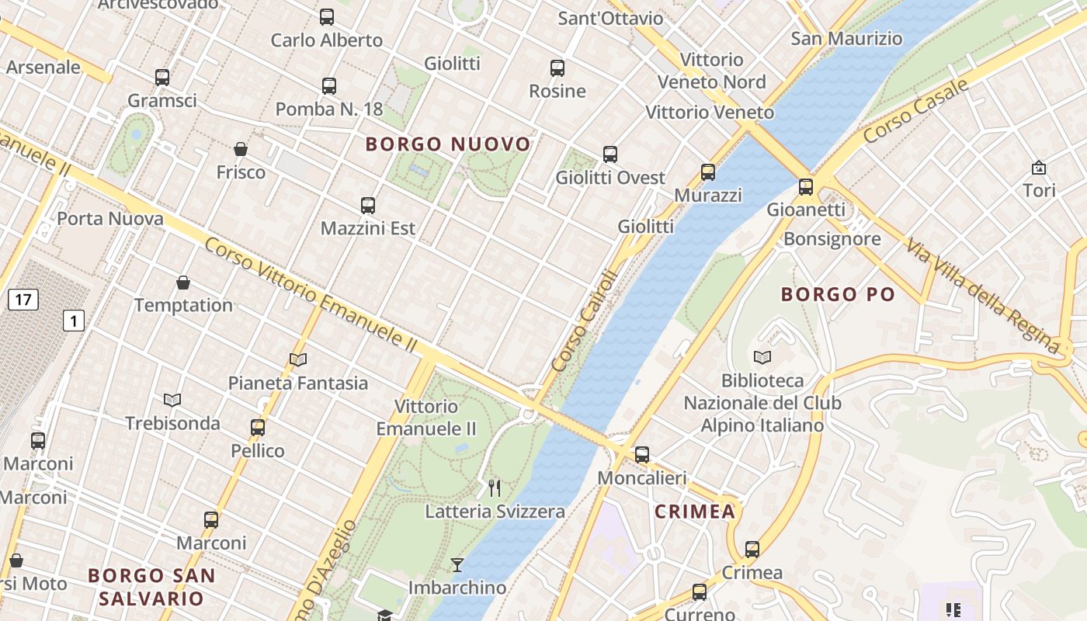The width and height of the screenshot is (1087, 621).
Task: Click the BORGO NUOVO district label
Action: [448, 144]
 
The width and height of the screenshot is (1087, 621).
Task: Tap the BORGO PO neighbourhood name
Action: [838, 294]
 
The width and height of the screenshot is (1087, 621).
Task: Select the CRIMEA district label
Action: [694, 512]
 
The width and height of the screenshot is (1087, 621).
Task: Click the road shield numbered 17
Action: [23, 299]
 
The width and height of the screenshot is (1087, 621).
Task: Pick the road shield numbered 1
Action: [74, 320]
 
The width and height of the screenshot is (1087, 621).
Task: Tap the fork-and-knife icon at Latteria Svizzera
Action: [495, 487]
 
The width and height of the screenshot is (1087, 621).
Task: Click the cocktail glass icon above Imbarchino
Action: [457, 564]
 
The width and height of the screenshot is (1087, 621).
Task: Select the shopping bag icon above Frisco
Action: [241, 149]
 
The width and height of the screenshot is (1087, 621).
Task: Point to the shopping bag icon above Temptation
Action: [183, 283]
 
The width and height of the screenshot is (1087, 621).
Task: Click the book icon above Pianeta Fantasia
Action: [298, 359]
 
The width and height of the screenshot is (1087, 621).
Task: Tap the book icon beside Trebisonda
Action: [172, 400]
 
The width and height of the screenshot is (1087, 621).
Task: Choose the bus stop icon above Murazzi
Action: [708, 172]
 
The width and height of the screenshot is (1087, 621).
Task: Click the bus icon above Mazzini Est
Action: [368, 206]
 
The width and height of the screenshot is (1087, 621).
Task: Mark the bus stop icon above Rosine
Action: [557, 68]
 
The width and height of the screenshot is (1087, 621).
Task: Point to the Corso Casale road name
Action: [916, 111]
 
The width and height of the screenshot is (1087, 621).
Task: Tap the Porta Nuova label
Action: [110, 219]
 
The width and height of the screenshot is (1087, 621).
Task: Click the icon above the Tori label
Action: [1039, 168]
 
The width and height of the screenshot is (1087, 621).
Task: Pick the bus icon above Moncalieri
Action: [642, 455]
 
